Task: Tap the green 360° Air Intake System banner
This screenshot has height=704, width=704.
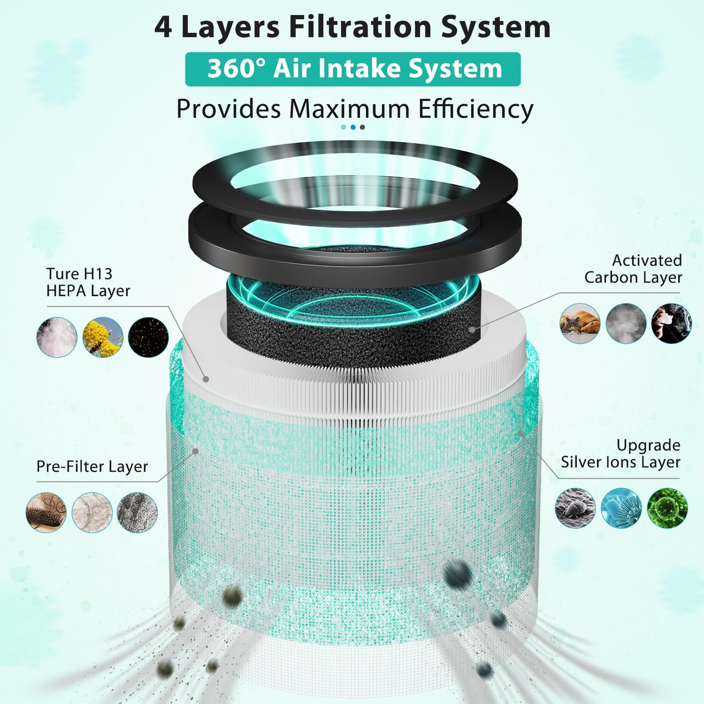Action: click(353, 69)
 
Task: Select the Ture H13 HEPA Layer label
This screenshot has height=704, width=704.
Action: click(88, 282)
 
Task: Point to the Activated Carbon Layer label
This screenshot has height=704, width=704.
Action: click(633, 269)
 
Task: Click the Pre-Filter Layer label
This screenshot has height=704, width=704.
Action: click(92, 467)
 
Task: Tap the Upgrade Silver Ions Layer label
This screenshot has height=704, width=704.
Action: click(621, 454)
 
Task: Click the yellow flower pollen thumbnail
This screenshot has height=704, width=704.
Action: click(103, 337)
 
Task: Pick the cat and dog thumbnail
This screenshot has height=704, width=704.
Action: click(580, 324)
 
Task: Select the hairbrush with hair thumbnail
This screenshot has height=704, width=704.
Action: click(46, 512)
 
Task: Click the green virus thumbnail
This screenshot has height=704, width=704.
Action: click(667, 508)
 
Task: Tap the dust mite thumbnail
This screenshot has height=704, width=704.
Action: click(575, 508)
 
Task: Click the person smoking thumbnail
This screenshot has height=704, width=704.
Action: click(671, 324)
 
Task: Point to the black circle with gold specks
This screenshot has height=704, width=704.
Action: click(148, 337)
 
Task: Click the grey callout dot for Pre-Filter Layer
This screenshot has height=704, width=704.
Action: click(196, 451)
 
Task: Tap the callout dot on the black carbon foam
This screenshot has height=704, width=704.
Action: click(472, 329)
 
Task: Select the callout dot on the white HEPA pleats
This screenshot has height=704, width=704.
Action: click(206, 380)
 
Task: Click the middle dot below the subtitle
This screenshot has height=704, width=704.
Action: click(353, 127)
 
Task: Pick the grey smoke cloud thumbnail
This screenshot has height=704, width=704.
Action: click(626, 324)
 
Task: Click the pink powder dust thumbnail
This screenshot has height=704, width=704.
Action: click(57, 337)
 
